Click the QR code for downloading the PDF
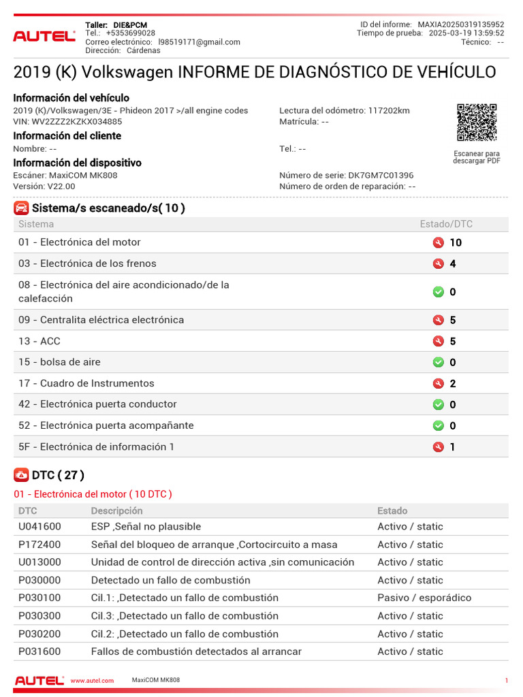pos(476,123)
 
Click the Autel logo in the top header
pos(44,36)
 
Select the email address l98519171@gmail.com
pos(199,42)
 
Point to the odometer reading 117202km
pos(389,110)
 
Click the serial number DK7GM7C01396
pos(381,176)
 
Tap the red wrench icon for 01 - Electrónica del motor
pos(439,242)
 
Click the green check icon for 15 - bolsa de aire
pos(439,362)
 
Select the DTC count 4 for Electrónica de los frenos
pos(453,264)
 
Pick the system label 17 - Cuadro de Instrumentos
pos(86,383)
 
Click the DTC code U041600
pos(39,527)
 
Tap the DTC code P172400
pos(39,545)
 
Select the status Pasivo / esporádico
pos(424,598)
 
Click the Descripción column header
pos(117,510)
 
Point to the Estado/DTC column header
pos(446,224)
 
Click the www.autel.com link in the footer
pos(92,681)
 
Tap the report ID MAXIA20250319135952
pos(461,25)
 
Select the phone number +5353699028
pos(130,33)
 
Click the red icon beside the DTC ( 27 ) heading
pos(21,475)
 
